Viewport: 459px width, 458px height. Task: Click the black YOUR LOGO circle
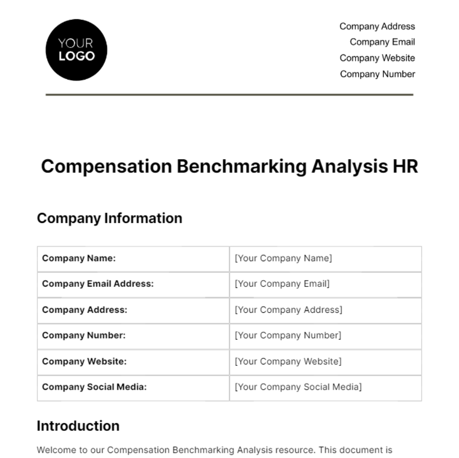76,50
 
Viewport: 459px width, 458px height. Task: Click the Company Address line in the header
377,26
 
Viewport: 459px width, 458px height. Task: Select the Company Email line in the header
382,42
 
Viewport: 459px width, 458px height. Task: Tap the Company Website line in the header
377,58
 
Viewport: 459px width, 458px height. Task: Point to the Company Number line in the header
377,74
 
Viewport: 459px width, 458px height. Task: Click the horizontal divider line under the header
229,94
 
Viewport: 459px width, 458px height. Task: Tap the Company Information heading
109,218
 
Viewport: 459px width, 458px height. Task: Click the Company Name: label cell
79,258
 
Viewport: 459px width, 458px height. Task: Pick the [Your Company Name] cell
283,258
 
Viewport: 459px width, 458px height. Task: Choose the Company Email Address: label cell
98,284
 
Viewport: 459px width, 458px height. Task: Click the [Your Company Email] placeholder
282,284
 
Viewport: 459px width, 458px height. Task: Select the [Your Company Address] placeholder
288,310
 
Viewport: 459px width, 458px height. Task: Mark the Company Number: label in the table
84,336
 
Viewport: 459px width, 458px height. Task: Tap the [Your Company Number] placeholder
288,336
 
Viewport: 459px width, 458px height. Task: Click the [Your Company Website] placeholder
288,361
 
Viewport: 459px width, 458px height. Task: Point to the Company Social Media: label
94,387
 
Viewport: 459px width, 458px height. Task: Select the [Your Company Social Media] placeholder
298,387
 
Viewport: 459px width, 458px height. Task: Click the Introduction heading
78,426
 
